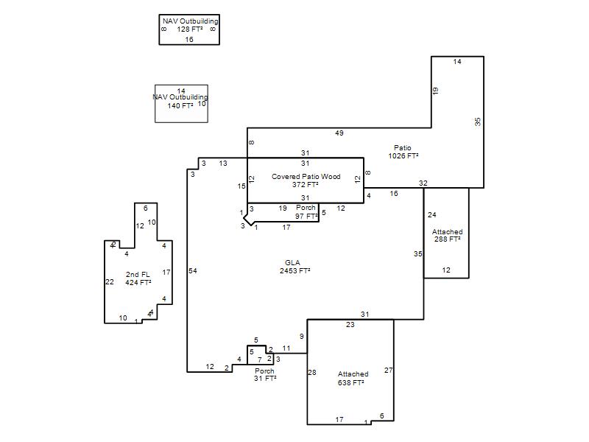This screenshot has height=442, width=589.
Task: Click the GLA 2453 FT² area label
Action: [295, 267]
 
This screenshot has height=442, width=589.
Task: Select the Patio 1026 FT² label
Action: [403, 152]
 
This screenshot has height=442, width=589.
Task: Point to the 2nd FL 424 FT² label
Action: [138, 278]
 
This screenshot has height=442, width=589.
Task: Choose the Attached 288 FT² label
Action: [447, 235]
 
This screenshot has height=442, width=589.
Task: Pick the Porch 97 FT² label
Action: [306, 212]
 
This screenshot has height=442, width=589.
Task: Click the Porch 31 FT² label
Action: [265, 375]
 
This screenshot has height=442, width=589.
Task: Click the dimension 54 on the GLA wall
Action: [193, 270]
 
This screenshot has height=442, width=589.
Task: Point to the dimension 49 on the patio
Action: [339, 133]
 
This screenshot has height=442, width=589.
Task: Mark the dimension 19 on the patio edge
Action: [435, 91]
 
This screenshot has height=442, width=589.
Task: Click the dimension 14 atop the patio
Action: [457, 62]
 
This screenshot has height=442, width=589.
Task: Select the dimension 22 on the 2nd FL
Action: [110, 282]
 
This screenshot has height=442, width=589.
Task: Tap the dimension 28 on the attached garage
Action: [312, 373]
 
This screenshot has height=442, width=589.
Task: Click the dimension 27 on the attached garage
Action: [389, 371]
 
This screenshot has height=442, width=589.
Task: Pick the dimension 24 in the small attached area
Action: [432, 215]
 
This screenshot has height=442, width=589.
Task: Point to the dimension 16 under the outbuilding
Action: [189, 40]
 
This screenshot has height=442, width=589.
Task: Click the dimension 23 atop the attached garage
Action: [350, 325]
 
